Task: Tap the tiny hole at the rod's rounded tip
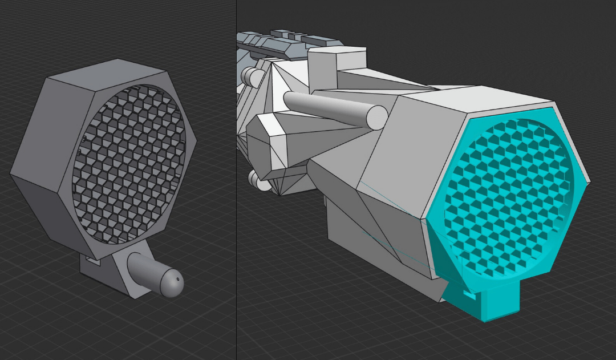coord(177,279)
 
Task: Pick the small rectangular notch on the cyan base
coord(469,295)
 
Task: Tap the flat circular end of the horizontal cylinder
coord(376,118)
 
